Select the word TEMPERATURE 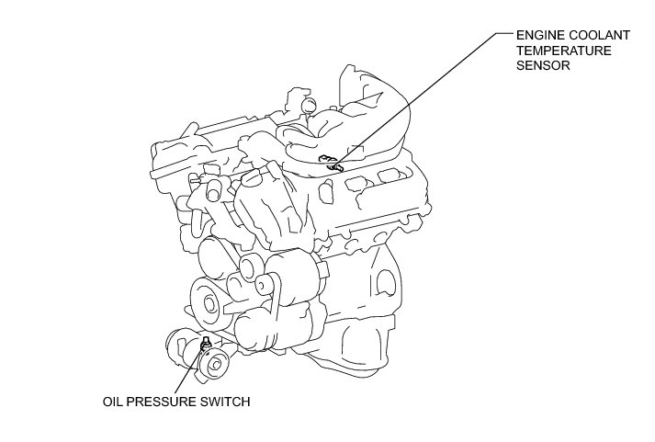point(563,51)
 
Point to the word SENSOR point(543,65)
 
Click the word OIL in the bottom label point(112,402)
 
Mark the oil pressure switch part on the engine point(206,344)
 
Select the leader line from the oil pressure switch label point(189,369)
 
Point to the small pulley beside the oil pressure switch point(215,365)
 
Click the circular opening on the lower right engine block point(385,283)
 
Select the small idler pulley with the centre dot point(263,285)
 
